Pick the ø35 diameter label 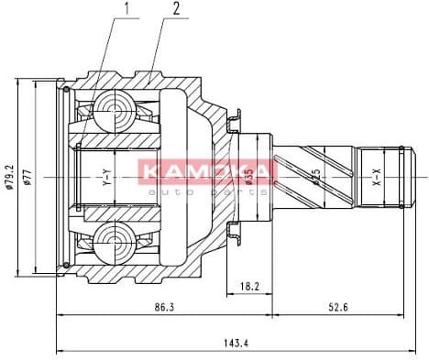point(249,177)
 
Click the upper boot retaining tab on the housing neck point(234,119)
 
